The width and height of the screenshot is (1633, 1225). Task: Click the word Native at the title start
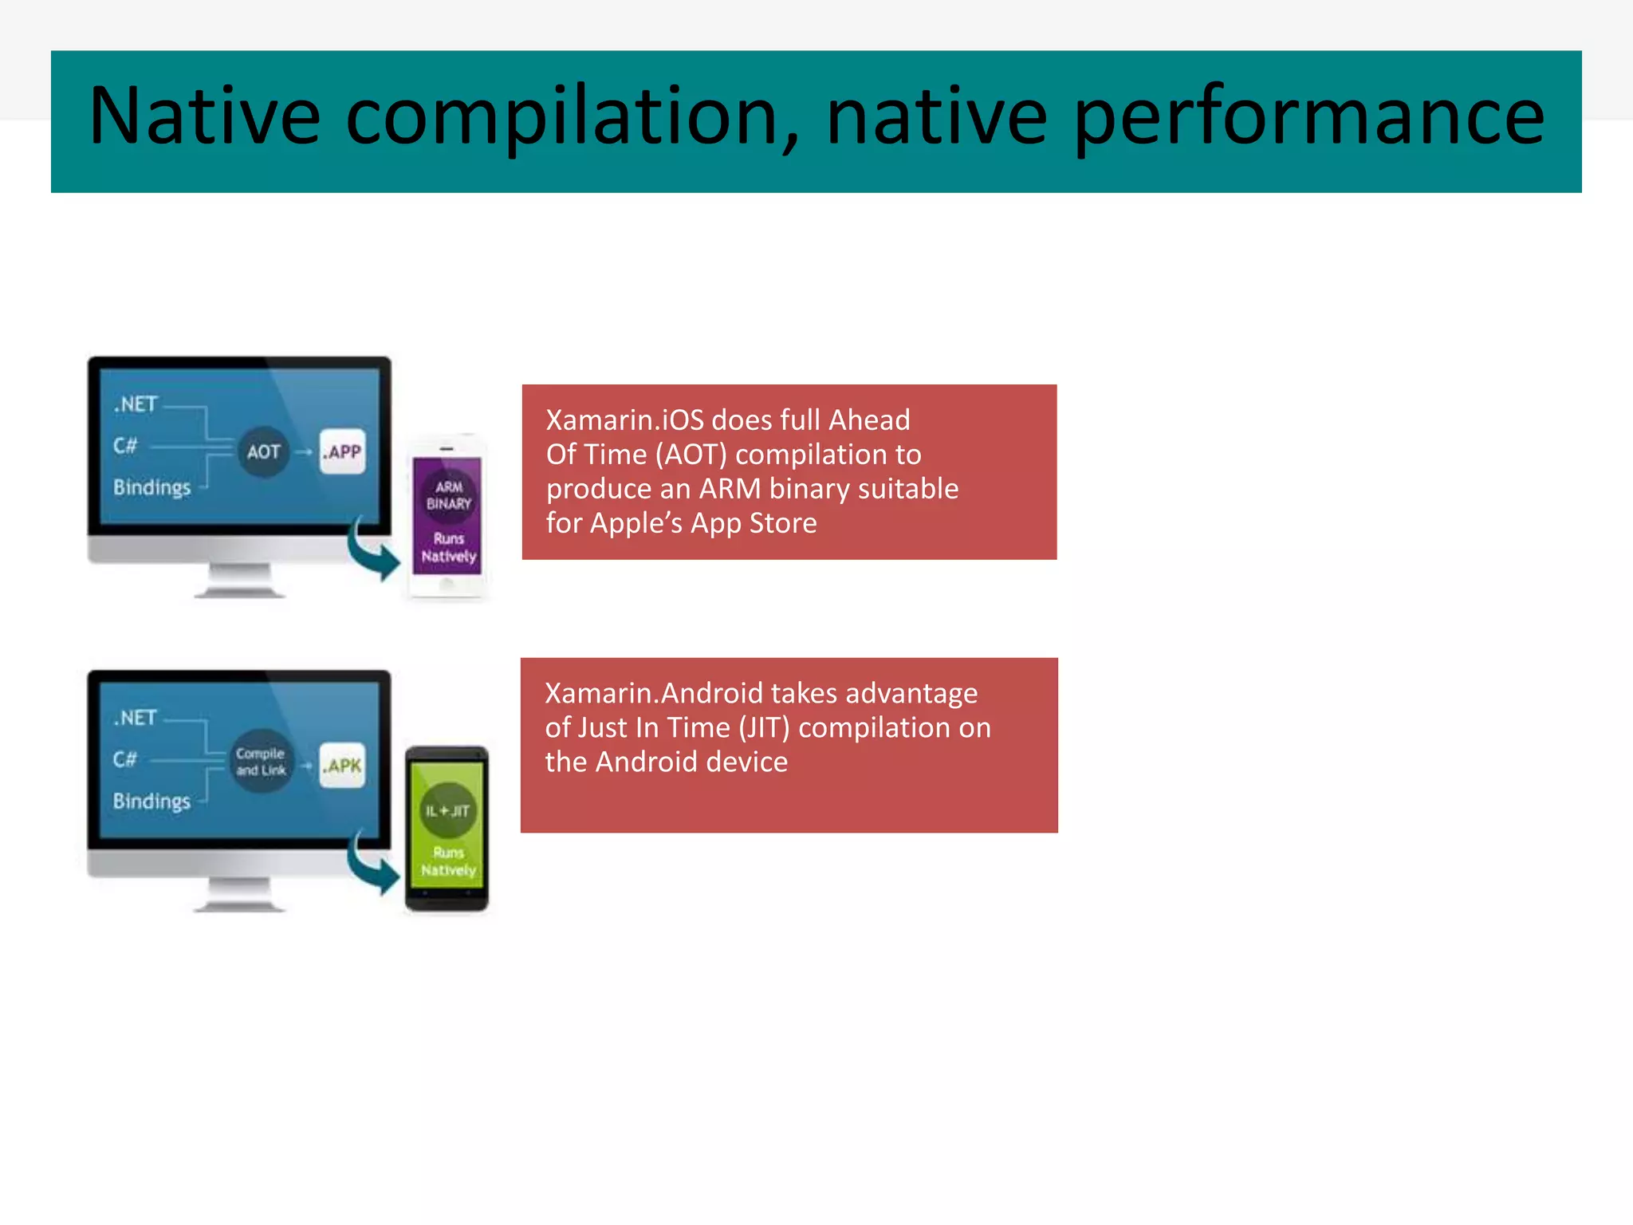click(204, 117)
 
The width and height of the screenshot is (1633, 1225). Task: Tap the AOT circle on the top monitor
click(263, 452)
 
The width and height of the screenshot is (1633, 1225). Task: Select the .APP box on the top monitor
click(343, 452)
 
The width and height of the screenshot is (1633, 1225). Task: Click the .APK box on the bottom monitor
click(343, 766)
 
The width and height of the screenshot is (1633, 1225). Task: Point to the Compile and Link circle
click(261, 762)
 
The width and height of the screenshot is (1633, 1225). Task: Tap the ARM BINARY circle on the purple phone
click(448, 495)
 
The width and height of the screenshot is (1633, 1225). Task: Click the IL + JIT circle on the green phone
click(447, 811)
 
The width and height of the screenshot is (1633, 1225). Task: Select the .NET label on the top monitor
click(136, 404)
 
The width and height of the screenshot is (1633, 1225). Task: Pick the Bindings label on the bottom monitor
click(151, 801)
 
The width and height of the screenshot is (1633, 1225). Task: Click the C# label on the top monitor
click(125, 445)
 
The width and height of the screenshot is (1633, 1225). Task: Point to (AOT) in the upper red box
click(691, 455)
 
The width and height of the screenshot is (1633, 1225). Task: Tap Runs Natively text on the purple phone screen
click(448, 548)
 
